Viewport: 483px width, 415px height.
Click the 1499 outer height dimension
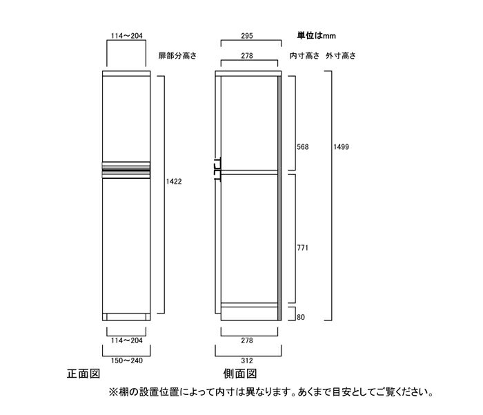click(x=341, y=147)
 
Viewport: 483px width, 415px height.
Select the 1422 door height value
click(x=174, y=182)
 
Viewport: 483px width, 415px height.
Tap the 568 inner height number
click(x=302, y=147)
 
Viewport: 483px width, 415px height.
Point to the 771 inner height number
click(x=302, y=248)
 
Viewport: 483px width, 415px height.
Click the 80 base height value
click(x=301, y=317)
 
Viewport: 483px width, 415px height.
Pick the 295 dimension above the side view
click(x=247, y=36)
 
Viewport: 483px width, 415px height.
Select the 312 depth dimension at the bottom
click(x=247, y=360)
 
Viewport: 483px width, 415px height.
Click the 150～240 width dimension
click(x=126, y=360)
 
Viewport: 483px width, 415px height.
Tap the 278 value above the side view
click(x=247, y=56)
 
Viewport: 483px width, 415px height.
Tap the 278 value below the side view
click(x=247, y=340)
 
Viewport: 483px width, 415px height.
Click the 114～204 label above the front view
click(x=126, y=36)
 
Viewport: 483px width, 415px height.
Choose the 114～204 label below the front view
click(x=126, y=340)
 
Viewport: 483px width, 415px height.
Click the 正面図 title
click(x=83, y=374)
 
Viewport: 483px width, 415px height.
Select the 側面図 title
click(x=240, y=374)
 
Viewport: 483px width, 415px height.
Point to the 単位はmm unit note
click(x=316, y=35)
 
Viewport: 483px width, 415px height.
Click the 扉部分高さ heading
click(x=177, y=56)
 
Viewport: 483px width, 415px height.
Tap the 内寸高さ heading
click(x=304, y=56)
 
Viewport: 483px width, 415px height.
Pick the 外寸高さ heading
click(x=341, y=56)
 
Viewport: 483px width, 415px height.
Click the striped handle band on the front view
click(x=126, y=170)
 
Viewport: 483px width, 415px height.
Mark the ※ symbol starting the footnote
click(x=113, y=392)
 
